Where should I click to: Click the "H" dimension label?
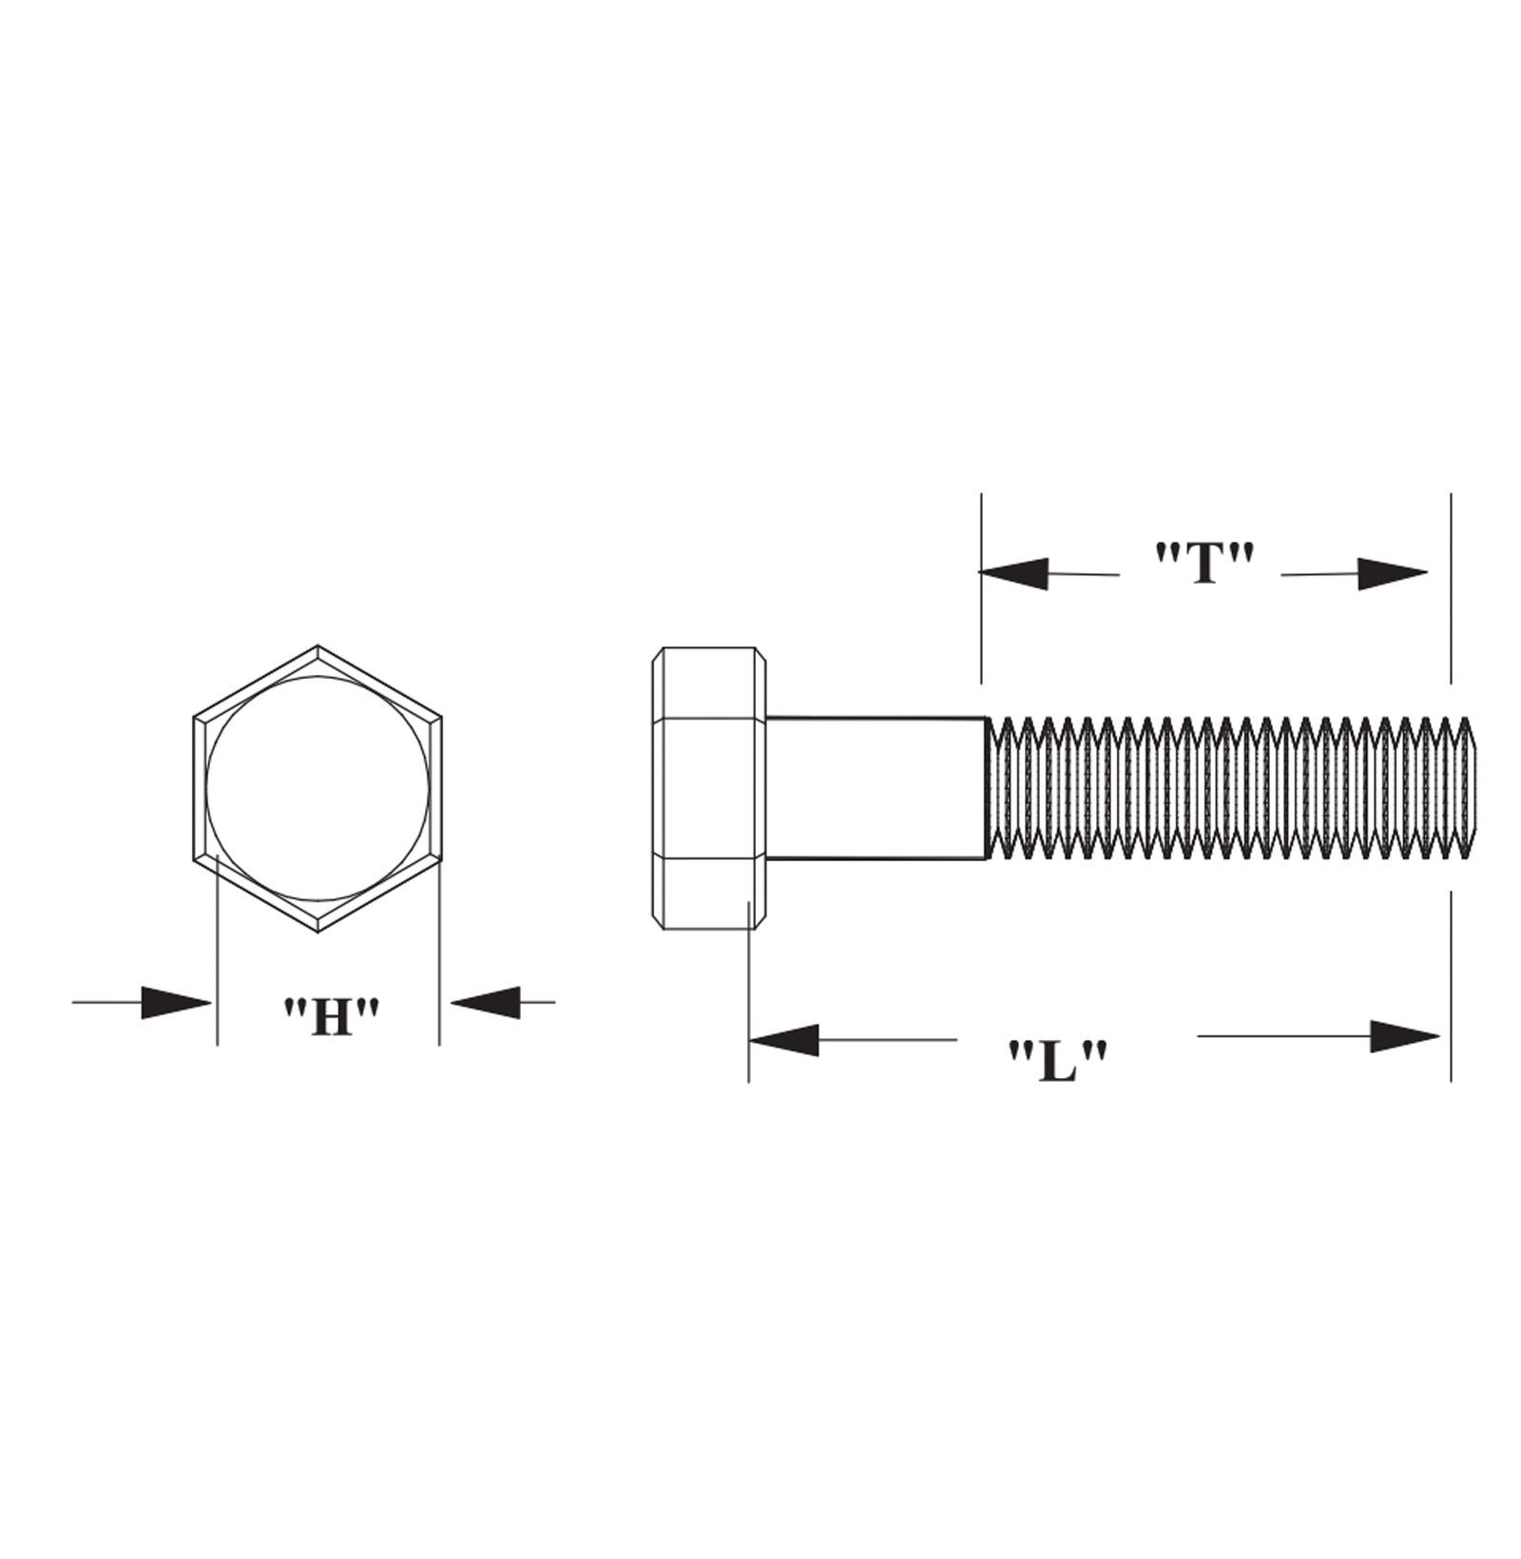click(x=332, y=1016)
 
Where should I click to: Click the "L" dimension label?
click(x=1058, y=1061)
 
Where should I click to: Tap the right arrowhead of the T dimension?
click(x=1392, y=573)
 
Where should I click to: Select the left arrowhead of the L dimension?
click(x=784, y=1040)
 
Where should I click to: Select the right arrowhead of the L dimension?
click(x=1404, y=1036)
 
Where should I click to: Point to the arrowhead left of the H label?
click(x=176, y=1002)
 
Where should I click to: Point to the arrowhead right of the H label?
click(x=486, y=1001)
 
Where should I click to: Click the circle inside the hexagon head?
click(x=318, y=788)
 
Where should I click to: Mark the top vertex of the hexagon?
click(x=318, y=646)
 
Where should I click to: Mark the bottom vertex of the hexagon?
click(x=318, y=932)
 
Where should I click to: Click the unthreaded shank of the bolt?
click(x=875, y=788)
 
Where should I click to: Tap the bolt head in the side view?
click(x=708, y=788)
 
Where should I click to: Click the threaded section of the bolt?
click(x=1226, y=788)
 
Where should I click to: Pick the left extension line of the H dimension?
click(x=218, y=951)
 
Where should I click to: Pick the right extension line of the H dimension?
click(x=439, y=951)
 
